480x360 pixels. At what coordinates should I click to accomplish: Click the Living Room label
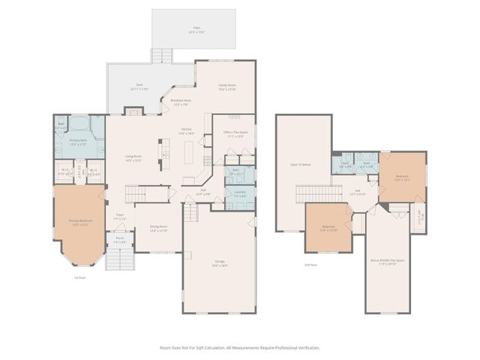[x=133, y=157]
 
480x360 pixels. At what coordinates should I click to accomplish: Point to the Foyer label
[x=119, y=217]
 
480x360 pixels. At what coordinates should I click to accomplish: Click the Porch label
[x=119, y=241]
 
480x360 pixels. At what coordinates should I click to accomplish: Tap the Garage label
[x=220, y=262]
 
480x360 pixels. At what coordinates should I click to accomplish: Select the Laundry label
[x=239, y=193]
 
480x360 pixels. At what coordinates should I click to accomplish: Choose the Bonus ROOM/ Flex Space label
[x=388, y=262]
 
